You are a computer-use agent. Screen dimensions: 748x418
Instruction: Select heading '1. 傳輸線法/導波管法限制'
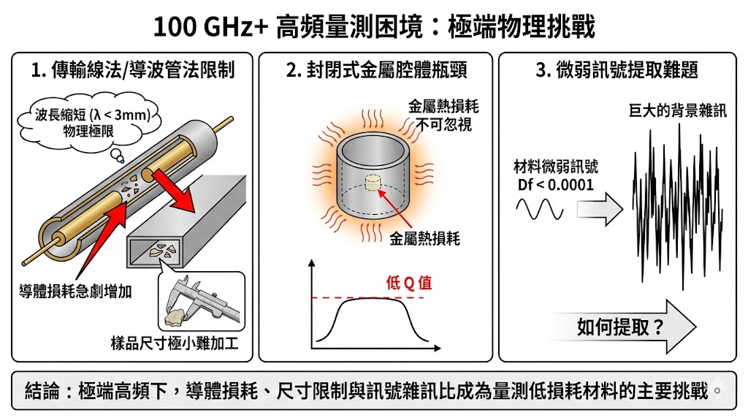click(133, 70)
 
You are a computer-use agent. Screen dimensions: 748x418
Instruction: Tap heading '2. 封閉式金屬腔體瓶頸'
click(376, 70)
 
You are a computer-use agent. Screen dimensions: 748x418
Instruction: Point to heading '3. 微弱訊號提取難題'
click(617, 70)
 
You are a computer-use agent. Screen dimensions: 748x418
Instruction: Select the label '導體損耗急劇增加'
click(75, 291)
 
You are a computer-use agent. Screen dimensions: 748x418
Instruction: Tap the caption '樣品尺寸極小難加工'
click(175, 343)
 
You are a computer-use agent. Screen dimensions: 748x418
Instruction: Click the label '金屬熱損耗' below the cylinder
click(425, 238)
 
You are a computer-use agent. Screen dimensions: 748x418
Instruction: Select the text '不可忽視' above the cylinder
click(443, 124)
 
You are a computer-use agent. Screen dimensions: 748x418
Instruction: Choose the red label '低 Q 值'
click(409, 283)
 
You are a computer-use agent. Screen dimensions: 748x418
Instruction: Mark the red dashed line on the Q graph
click(368, 297)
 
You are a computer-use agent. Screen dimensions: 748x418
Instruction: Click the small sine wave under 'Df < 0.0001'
click(540, 208)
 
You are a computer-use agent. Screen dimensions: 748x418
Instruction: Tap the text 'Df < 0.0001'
click(556, 185)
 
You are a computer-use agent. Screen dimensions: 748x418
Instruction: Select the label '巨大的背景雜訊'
click(677, 110)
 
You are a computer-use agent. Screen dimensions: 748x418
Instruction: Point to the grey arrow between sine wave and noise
click(600, 208)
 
